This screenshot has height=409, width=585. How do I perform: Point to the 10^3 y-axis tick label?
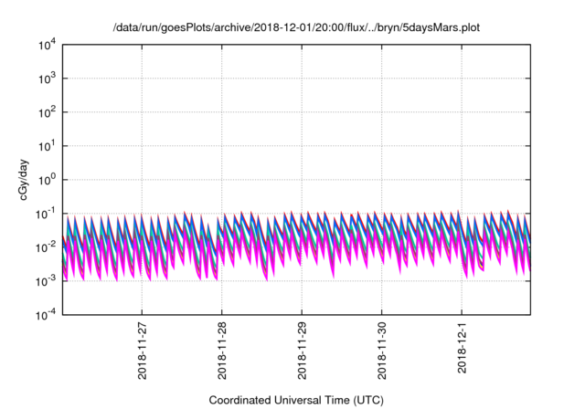coord(47,79)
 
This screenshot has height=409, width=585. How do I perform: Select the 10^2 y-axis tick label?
coord(47,111)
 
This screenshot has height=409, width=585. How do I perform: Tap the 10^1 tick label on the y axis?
coord(47,145)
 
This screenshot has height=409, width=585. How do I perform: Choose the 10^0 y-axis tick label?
coord(47,179)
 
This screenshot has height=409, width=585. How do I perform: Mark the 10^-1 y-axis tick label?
coord(45,213)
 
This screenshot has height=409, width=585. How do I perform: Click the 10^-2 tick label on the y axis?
coord(45,246)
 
